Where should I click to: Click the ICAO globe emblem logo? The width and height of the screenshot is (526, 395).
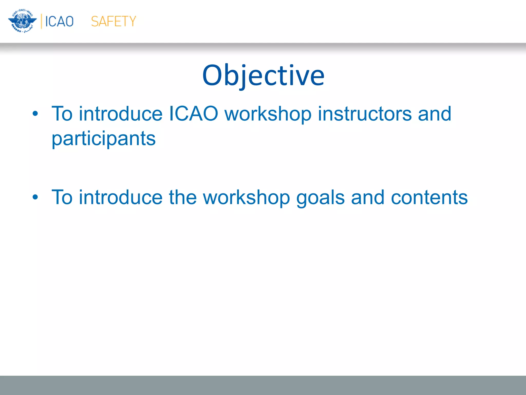coord(22,21)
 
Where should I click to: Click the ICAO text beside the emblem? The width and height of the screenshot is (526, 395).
coord(59,21)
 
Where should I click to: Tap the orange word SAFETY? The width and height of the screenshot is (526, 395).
coord(114,21)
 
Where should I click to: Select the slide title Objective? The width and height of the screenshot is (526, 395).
coord(263,75)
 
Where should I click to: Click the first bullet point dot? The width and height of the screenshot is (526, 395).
coord(35,114)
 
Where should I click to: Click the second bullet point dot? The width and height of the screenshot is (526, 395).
coord(35,197)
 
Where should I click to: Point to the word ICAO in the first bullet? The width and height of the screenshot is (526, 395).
coord(193,114)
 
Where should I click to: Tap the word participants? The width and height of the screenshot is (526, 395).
coord(104,139)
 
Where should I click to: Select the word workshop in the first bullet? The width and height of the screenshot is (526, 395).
coord(268,114)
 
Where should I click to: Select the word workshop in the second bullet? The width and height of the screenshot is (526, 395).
coord(247,197)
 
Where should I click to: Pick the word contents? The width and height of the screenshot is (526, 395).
coord(429,197)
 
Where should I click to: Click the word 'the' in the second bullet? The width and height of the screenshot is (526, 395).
coord(183,197)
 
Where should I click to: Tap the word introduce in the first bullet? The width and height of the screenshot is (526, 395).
coord(120,114)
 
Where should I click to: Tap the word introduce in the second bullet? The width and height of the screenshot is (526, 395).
coord(120,197)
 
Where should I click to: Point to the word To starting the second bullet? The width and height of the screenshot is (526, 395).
coord(62,197)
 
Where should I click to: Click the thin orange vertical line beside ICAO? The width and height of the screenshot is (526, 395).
coord(41,21)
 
